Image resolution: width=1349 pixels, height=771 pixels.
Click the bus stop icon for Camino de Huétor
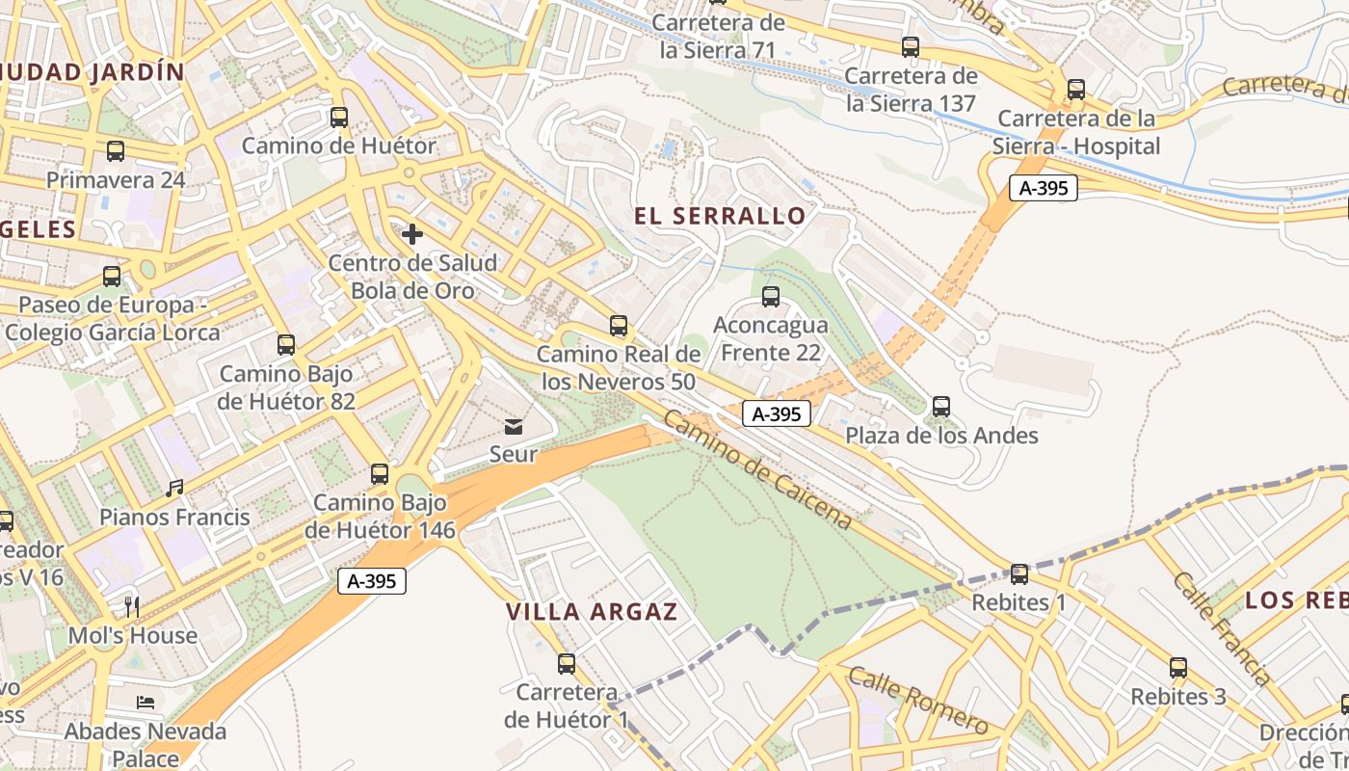tap(339, 118)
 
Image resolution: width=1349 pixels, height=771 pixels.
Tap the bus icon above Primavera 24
tap(116, 151)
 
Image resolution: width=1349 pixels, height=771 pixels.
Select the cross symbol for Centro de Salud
tap(412, 234)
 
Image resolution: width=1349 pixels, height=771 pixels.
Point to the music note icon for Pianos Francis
tap(174, 489)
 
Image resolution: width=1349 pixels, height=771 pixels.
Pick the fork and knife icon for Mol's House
tap(132, 606)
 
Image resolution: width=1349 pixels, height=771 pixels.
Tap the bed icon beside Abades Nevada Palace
tap(145, 703)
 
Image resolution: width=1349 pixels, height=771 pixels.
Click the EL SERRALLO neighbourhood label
tap(720, 216)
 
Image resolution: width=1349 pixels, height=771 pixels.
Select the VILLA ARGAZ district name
tap(592, 612)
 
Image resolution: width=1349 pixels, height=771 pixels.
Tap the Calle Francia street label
tap(1221, 627)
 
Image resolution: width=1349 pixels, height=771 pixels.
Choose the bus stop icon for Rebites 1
tap(1019, 574)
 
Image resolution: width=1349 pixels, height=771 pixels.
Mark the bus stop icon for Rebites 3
tap(1178, 668)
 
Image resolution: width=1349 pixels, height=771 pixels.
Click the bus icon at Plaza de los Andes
tap(941, 407)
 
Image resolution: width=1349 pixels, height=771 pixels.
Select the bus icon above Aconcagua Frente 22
tap(770, 297)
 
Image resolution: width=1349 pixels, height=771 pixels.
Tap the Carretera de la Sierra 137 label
tap(911, 90)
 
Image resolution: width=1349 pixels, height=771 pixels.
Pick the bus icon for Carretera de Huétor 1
tap(567, 664)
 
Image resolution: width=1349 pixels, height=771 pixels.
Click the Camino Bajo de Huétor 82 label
tap(286, 387)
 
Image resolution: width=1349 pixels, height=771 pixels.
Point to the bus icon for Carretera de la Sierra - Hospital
tap(1076, 90)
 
